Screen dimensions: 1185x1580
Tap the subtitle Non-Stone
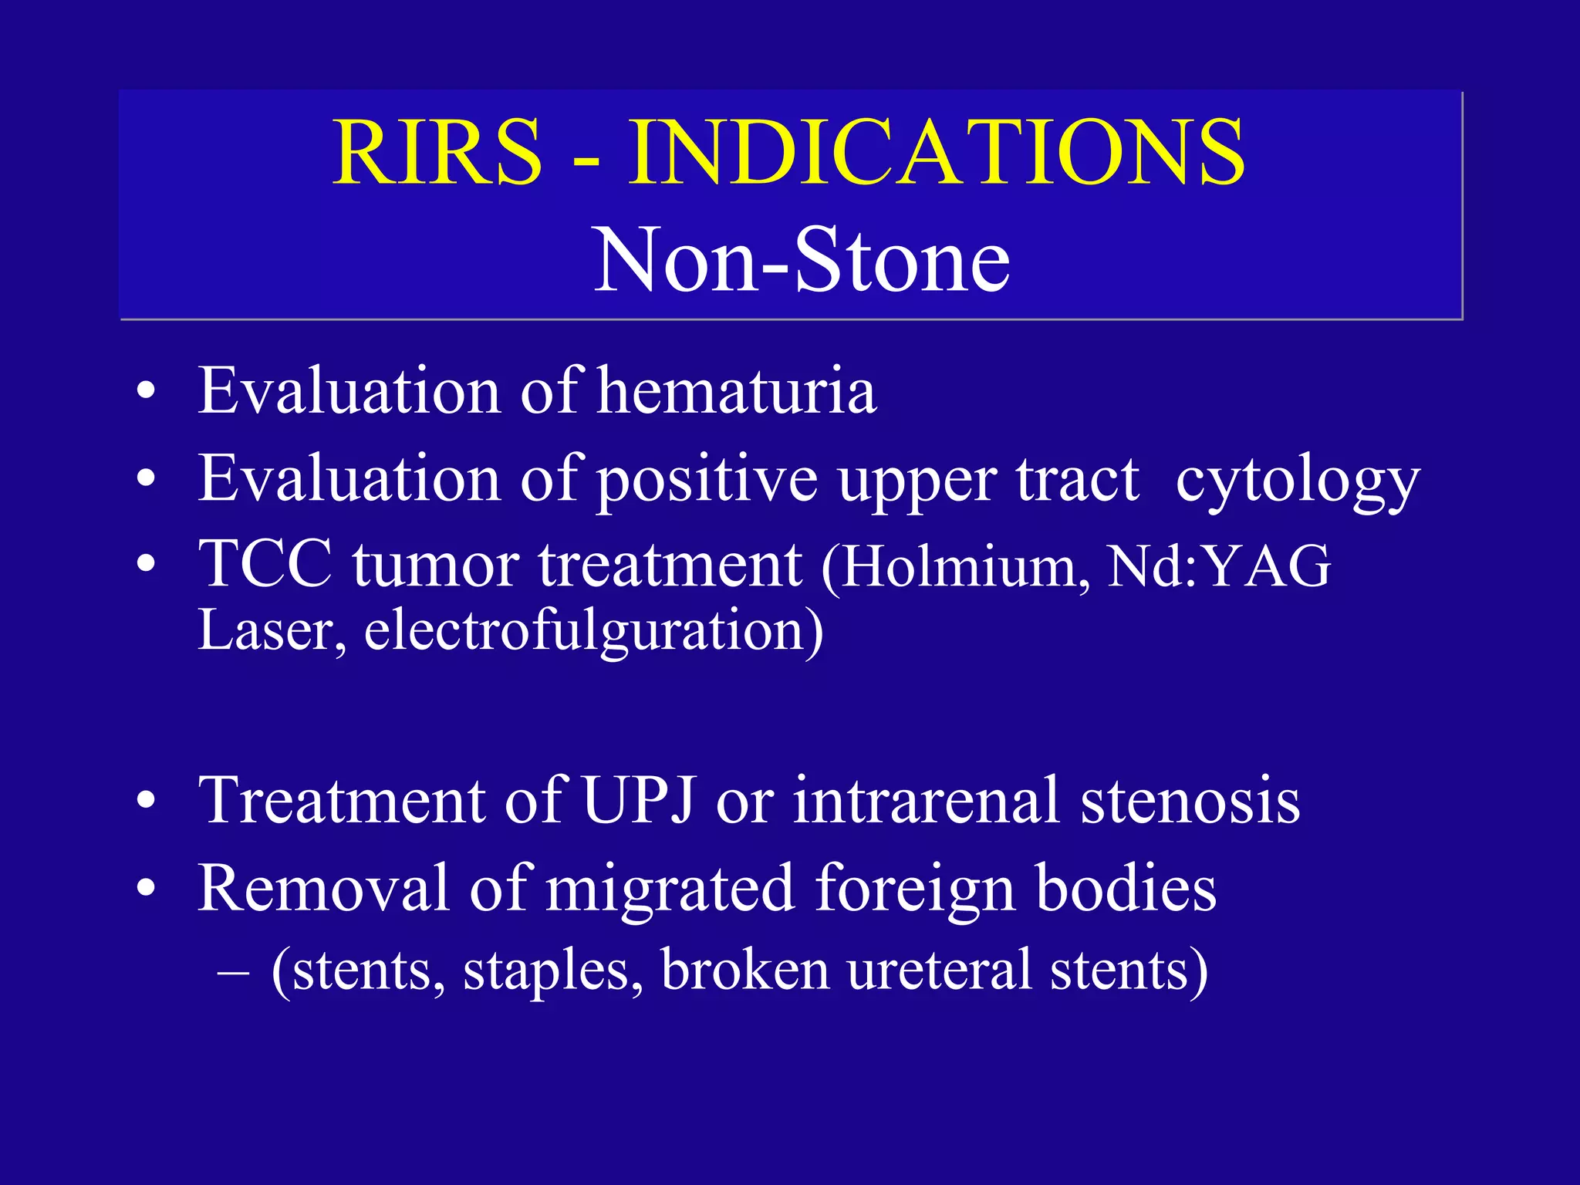[802, 260]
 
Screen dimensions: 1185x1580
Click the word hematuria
[738, 390]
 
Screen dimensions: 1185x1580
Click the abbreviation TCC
[265, 564]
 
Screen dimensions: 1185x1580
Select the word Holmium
[965, 567]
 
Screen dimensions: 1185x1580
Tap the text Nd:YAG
[1219, 567]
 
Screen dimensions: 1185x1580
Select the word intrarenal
[926, 800]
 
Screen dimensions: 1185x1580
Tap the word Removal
[323, 889]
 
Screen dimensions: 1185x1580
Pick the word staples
[552, 971]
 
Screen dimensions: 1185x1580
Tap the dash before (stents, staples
[233, 971]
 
